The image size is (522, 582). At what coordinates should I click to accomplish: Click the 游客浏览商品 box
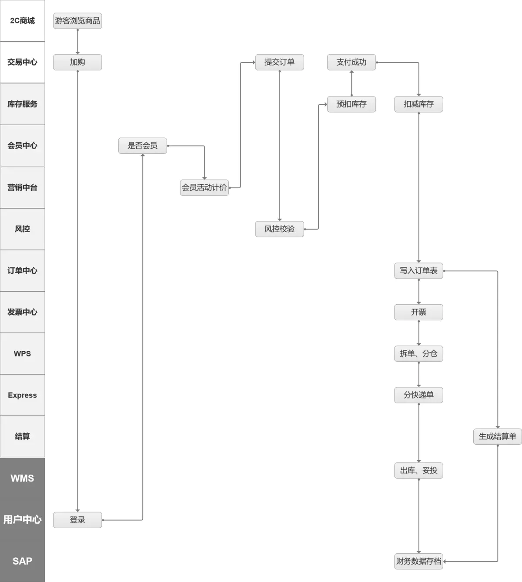tap(77, 21)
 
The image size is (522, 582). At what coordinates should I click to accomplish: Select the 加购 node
tap(77, 62)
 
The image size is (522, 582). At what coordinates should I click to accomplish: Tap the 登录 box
tap(77, 520)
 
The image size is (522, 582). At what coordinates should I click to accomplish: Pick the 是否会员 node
tap(142, 146)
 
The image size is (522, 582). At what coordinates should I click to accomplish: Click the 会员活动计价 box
tap(204, 187)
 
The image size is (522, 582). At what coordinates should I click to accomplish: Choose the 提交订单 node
tap(279, 62)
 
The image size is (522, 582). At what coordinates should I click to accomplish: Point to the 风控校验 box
tap(279, 229)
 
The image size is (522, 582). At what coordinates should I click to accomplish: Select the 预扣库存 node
tap(351, 104)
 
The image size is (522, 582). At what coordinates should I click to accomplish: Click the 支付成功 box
tap(351, 62)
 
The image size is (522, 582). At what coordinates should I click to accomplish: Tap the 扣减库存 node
tap(418, 104)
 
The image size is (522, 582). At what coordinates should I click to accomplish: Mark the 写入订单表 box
tap(418, 271)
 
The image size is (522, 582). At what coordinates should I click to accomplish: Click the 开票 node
tap(418, 312)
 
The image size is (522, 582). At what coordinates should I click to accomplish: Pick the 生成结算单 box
tap(497, 436)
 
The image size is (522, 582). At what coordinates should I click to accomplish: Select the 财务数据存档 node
tap(418, 561)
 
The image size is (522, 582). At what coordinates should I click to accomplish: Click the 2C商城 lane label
tap(22, 21)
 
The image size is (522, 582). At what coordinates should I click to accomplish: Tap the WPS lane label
tap(22, 353)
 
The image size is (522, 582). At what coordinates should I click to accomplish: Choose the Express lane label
tap(22, 395)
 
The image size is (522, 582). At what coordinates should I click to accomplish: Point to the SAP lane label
tap(22, 561)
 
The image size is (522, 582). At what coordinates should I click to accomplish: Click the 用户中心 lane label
tap(22, 519)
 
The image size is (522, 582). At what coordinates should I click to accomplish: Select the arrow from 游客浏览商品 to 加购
tap(77, 42)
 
